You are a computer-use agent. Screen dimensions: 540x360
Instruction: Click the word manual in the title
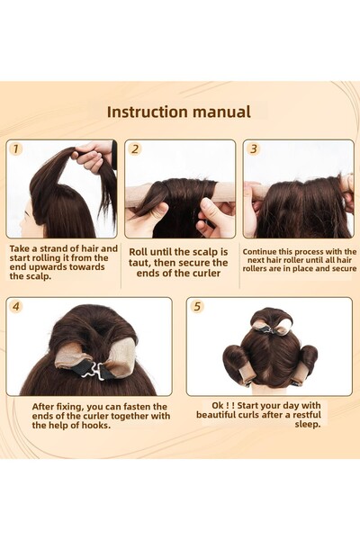click(227, 112)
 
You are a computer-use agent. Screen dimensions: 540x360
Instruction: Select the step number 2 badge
click(133, 149)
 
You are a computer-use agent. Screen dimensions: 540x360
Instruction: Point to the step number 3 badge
click(253, 149)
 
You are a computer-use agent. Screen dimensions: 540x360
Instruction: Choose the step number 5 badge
click(197, 306)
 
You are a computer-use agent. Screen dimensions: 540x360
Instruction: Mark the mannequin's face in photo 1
click(29, 216)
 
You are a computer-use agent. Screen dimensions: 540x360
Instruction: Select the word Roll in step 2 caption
click(139, 252)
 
